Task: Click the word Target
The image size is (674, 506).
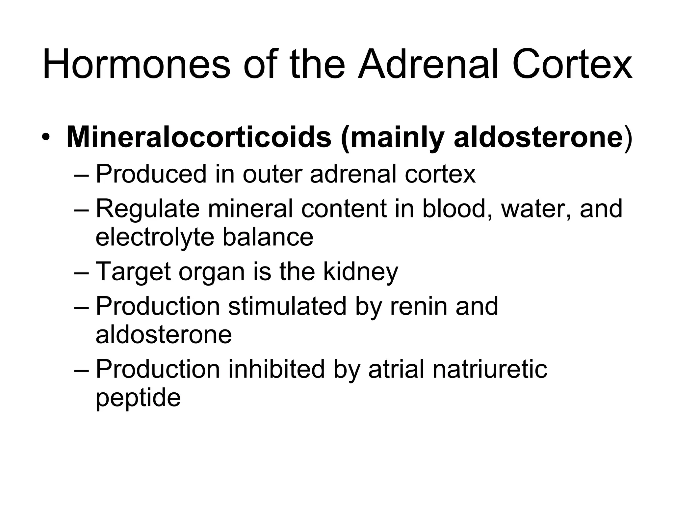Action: coord(133,272)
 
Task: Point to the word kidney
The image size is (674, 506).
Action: coord(360,272)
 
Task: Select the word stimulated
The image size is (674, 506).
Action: coord(287,306)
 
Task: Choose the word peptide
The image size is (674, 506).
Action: coord(138,398)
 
